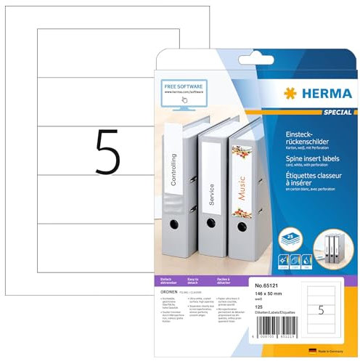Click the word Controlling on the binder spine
point(173,169)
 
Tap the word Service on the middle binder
point(211,195)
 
